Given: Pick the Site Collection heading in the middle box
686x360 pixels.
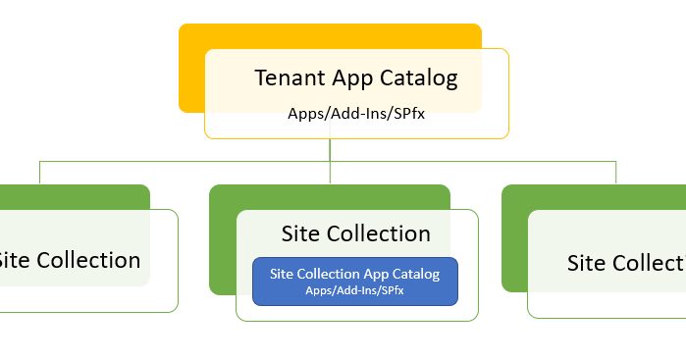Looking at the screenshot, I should [355, 233].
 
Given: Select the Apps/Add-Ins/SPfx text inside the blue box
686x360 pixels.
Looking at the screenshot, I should [354, 291].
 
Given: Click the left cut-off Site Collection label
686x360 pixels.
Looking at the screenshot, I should [69, 260].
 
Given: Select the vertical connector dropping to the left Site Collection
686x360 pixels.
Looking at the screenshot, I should [40, 172].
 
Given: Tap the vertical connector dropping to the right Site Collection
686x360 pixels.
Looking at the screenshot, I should [616, 172].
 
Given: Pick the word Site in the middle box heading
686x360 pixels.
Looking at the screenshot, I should [301, 233].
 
